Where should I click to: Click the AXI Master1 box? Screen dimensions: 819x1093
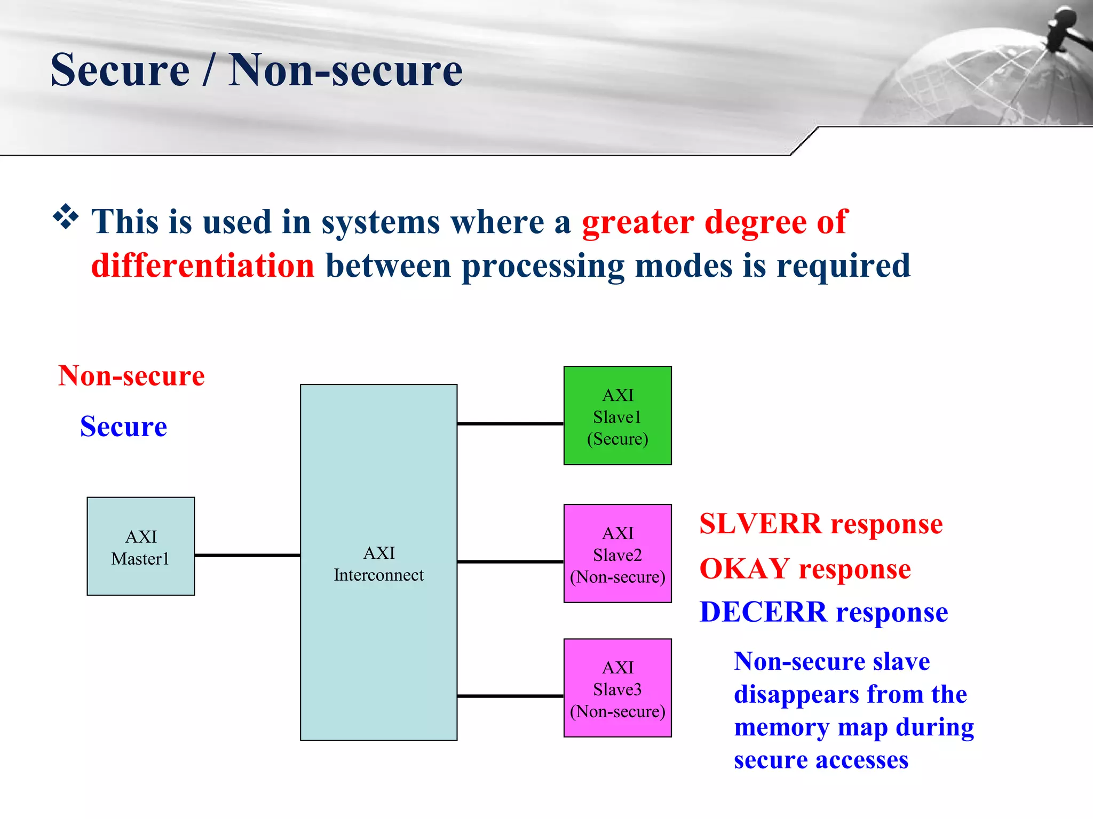point(140,546)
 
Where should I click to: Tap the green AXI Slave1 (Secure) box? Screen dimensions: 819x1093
point(617,415)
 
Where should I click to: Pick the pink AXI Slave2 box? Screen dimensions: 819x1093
point(617,553)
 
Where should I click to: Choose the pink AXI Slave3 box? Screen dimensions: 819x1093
point(617,688)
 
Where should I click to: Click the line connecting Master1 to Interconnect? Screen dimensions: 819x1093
point(247,555)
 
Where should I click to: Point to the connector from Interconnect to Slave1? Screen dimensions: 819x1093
point(510,423)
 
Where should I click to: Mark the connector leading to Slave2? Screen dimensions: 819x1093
point(510,561)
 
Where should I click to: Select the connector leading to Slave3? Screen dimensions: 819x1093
point(510,696)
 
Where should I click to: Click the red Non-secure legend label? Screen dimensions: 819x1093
point(131,376)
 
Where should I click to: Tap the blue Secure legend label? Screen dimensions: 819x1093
point(123,427)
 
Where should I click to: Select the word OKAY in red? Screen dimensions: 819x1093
point(744,568)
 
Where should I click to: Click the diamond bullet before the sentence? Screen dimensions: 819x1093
point(66,217)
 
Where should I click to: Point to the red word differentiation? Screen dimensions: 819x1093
point(203,266)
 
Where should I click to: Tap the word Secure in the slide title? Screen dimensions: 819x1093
point(120,70)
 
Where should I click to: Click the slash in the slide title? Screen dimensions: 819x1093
point(209,70)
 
